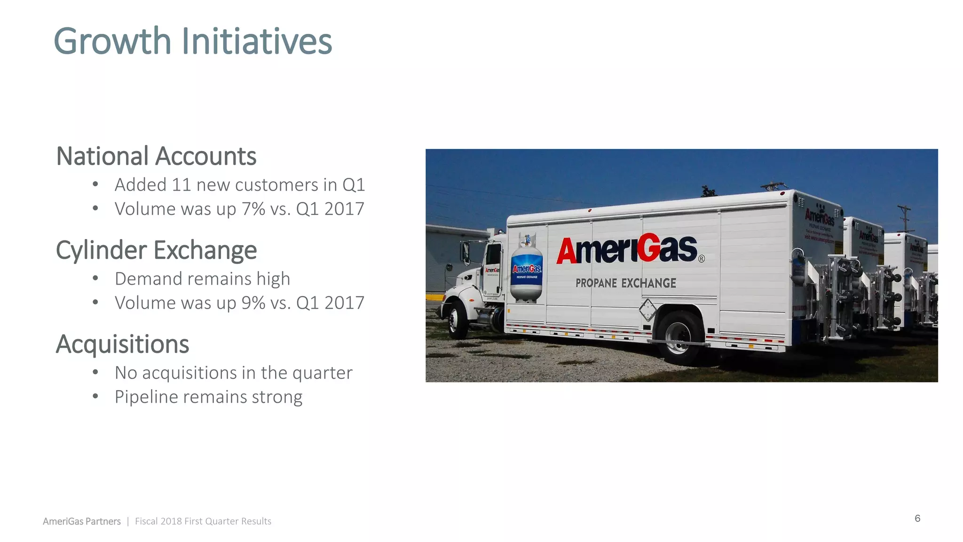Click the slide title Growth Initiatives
[x=193, y=41]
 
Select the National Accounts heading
[x=156, y=156]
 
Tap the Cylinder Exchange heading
[x=156, y=250]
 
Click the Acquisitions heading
[x=122, y=344]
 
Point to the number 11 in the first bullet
[x=181, y=185]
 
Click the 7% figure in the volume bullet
[x=253, y=209]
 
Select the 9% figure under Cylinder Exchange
[x=253, y=303]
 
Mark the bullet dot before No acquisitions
[x=95, y=372]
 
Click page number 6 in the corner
[x=917, y=518]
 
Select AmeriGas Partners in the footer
[x=82, y=521]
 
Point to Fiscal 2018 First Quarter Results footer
[x=203, y=521]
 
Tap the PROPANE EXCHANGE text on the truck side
[x=626, y=283]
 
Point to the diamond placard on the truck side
[x=647, y=310]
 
